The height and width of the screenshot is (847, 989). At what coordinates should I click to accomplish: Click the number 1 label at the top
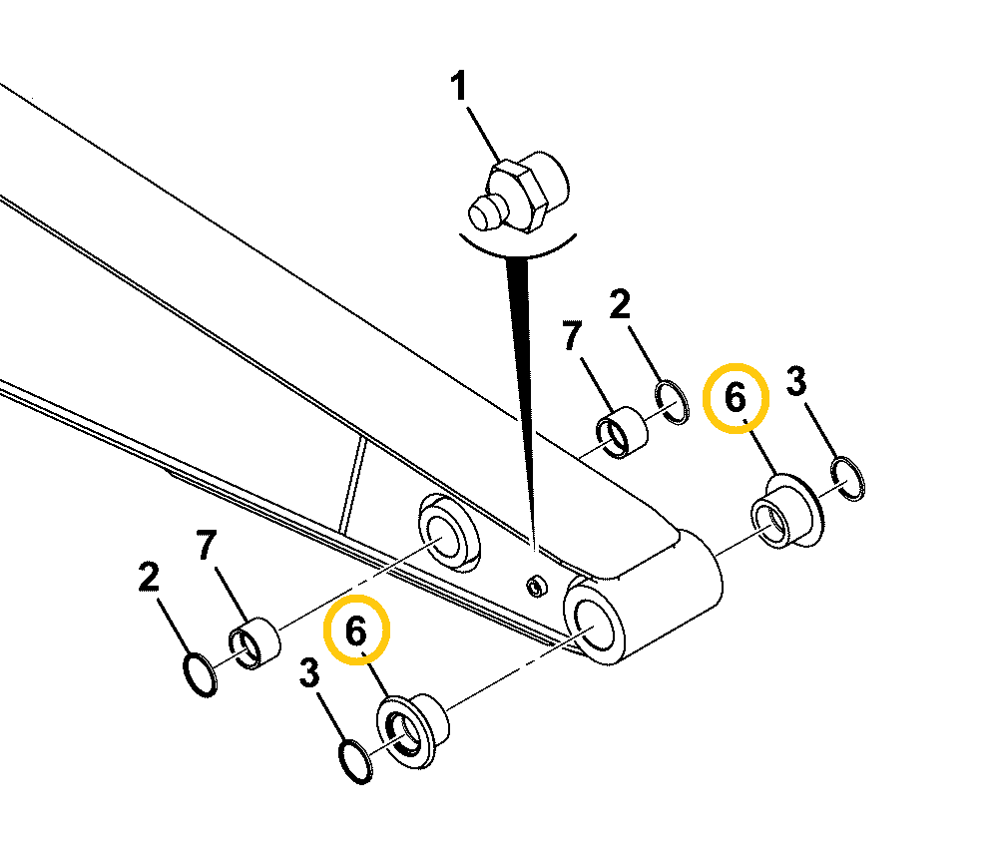pyautogui.click(x=459, y=88)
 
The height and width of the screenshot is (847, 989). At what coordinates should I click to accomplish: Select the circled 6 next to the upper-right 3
pyautogui.click(x=735, y=398)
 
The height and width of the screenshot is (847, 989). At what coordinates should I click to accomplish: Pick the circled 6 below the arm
pyautogui.click(x=357, y=630)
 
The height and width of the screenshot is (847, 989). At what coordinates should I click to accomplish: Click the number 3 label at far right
pyautogui.click(x=795, y=381)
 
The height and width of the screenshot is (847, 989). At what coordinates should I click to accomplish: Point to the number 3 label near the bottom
pyautogui.click(x=309, y=675)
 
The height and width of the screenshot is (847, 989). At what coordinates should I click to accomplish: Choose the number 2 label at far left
pyautogui.click(x=150, y=578)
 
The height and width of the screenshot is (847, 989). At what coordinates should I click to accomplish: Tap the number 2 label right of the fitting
pyautogui.click(x=620, y=305)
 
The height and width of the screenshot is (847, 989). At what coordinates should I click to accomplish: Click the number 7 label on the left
pyautogui.click(x=207, y=546)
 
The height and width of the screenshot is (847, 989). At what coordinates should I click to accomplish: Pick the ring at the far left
pyautogui.click(x=200, y=674)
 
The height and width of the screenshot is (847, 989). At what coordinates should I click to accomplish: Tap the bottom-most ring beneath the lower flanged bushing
pyautogui.click(x=354, y=760)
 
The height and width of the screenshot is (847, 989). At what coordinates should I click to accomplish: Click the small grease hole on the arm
pyautogui.click(x=537, y=586)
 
